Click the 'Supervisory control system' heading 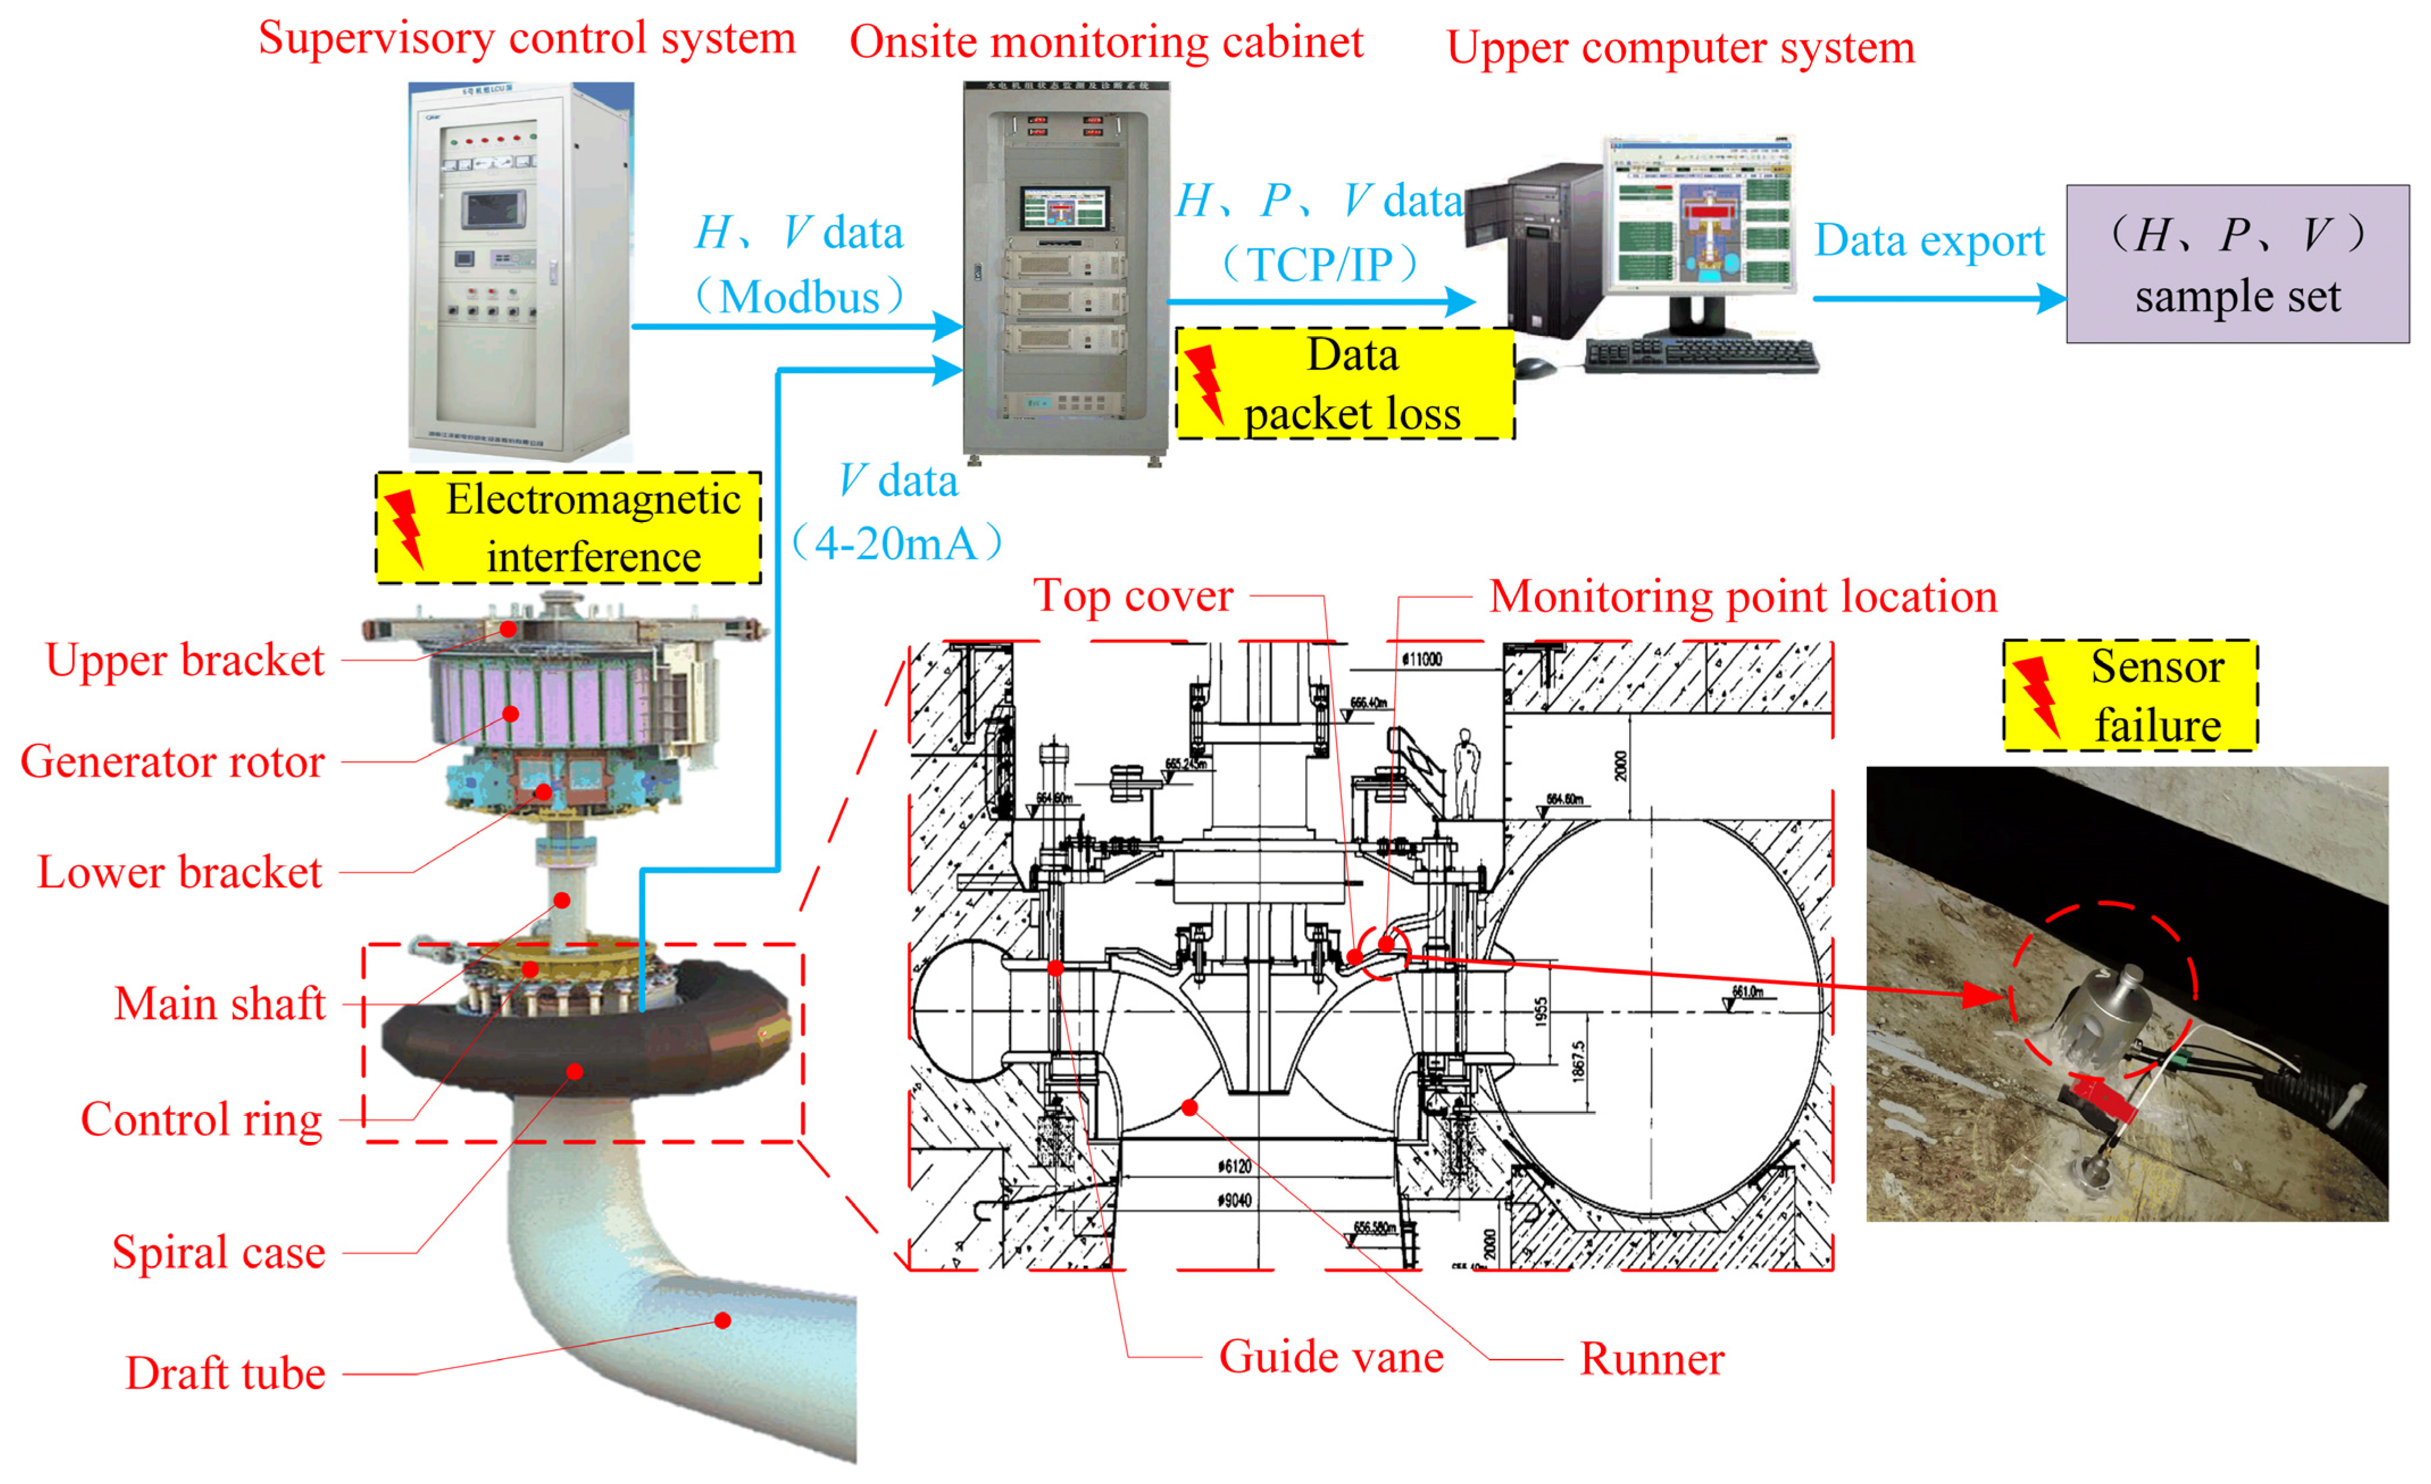tap(527, 39)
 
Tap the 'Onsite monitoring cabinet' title tap(1106, 43)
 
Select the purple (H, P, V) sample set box tap(2237, 264)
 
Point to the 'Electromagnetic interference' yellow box tap(568, 528)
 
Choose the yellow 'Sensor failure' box tap(2130, 695)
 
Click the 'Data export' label tap(1929, 241)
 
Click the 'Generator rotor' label tap(173, 762)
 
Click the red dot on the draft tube tap(723, 1320)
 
